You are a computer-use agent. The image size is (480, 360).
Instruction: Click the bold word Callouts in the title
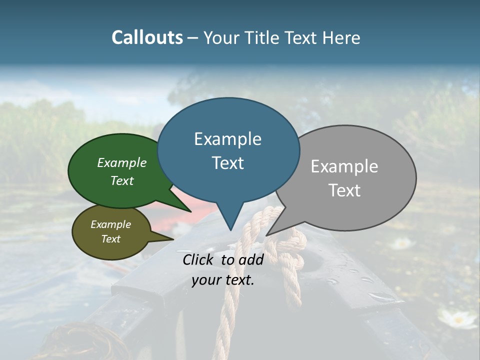[x=147, y=37]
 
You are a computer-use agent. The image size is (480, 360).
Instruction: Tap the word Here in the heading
[x=340, y=38]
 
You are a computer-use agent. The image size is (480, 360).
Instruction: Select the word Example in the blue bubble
[x=227, y=139]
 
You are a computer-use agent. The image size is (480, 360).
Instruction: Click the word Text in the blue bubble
[x=227, y=163]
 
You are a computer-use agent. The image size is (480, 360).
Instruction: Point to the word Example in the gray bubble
[x=344, y=166]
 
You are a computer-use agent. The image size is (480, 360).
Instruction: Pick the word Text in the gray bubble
[x=344, y=190]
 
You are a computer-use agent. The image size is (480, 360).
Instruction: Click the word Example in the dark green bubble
[x=121, y=163]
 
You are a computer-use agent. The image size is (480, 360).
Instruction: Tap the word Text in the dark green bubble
[x=121, y=180]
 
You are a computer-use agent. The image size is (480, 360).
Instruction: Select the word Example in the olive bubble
[x=110, y=224]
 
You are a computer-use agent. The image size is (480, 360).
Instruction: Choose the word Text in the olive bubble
[x=110, y=239]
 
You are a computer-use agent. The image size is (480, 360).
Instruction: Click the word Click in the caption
[x=199, y=259]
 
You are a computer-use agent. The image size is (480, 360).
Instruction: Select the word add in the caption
[x=251, y=259]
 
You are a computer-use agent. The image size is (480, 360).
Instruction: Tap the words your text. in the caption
[x=223, y=280]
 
